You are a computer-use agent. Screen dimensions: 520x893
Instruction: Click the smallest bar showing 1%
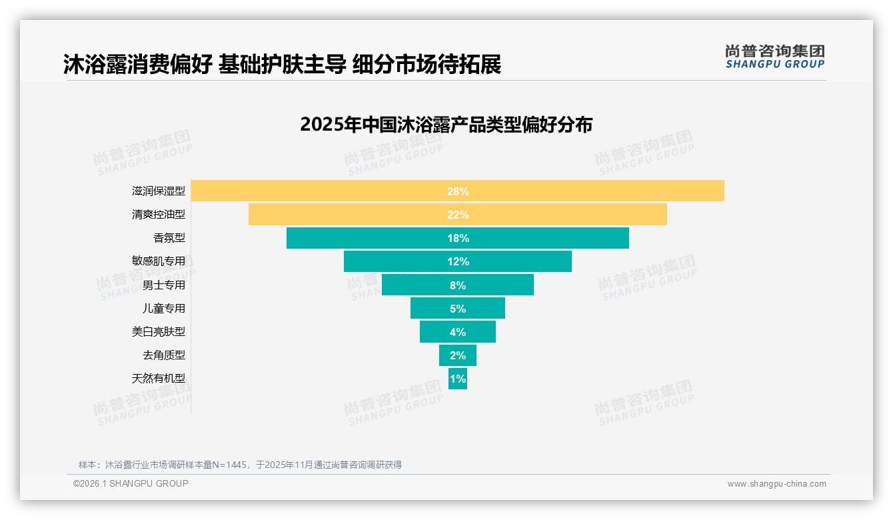coord(458,379)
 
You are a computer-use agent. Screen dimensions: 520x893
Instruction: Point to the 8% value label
coord(458,285)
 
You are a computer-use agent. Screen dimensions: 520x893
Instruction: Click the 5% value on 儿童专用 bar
coord(458,309)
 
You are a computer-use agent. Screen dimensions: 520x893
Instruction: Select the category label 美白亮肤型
coord(159,331)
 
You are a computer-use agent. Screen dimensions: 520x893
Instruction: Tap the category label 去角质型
coord(164,355)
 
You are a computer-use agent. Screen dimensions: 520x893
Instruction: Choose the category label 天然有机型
coord(159,378)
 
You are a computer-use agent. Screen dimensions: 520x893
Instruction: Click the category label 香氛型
coord(169,238)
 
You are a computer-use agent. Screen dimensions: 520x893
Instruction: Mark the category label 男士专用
coord(164,285)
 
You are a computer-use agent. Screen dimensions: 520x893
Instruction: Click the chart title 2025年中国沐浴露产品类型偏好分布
coord(446,125)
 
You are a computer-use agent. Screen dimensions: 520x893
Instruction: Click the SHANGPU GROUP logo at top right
coord(774,57)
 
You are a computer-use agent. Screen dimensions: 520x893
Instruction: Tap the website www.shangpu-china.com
coord(776,484)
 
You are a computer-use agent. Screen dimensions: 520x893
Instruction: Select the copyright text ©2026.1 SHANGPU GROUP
coord(131,483)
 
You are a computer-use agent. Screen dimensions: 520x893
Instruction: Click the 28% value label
coord(458,191)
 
